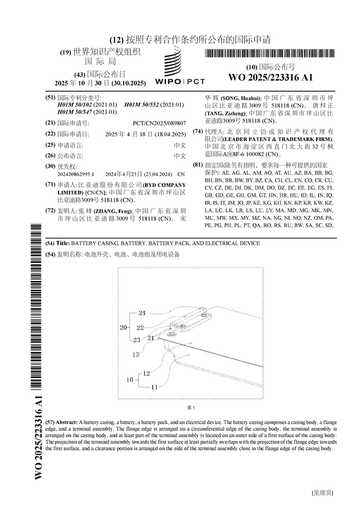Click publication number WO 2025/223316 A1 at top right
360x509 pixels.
point(271,78)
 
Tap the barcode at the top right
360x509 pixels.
point(271,54)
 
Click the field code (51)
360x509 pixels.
point(50,98)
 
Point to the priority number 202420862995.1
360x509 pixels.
point(76,174)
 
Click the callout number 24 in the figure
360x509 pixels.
point(142,313)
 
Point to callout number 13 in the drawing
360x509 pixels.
point(136,354)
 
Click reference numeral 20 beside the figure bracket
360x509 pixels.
point(123,327)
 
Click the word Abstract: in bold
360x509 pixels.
point(65,421)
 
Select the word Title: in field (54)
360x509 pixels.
point(62,243)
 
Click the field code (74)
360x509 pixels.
point(197,131)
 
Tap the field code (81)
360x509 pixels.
point(197,165)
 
